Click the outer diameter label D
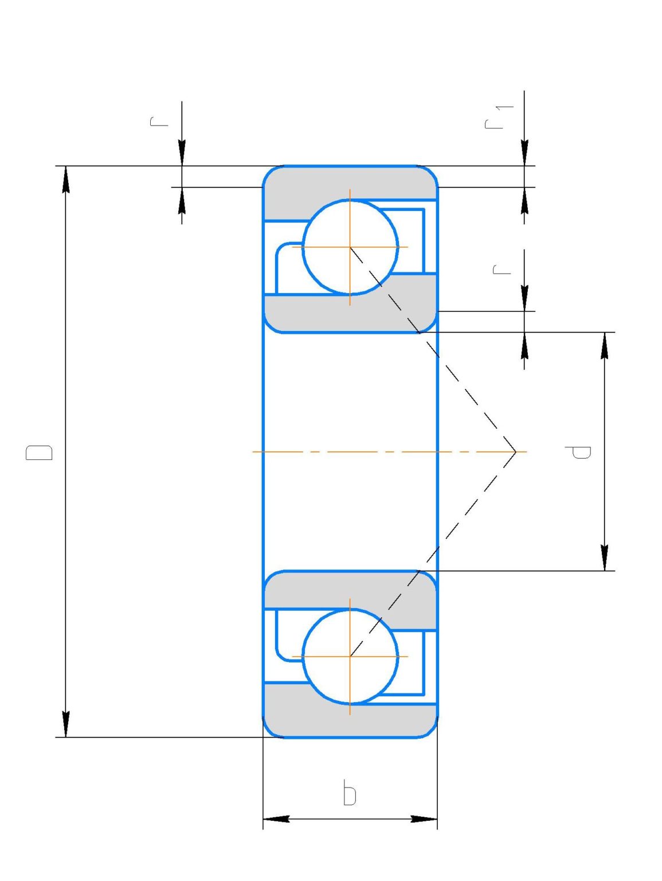39,452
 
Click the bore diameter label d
578,452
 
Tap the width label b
350,793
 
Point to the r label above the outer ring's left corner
159,121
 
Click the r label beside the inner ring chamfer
502,269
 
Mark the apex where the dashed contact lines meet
516,452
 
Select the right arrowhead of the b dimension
424,818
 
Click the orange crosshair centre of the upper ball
350,247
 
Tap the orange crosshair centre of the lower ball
350,656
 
